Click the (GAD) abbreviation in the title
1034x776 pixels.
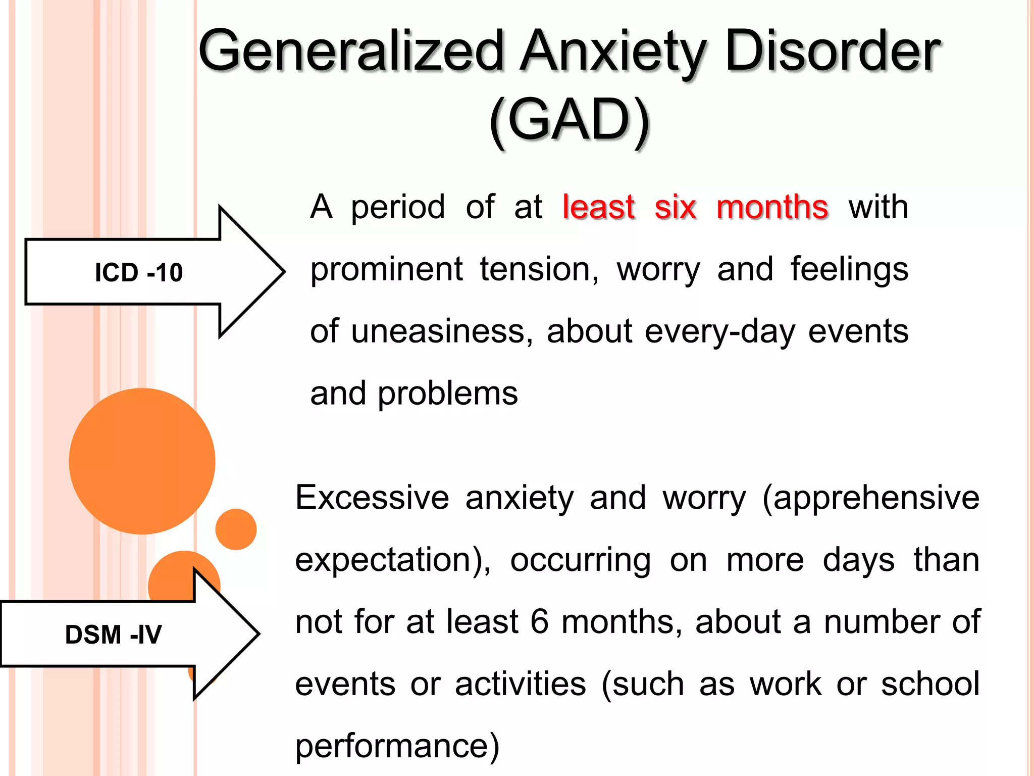(x=569, y=121)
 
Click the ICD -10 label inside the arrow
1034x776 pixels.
(x=139, y=273)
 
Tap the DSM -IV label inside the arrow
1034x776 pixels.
(x=114, y=635)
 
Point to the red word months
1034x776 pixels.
(x=772, y=207)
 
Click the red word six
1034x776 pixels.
(x=675, y=207)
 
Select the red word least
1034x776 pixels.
(x=598, y=207)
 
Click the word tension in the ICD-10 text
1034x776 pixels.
(x=539, y=269)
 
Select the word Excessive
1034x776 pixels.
(x=372, y=498)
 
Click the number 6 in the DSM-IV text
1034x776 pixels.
(x=539, y=622)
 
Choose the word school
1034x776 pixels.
(x=930, y=684)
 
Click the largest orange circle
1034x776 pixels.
(x=142, y=461)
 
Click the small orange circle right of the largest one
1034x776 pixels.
(x=236, y=529)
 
